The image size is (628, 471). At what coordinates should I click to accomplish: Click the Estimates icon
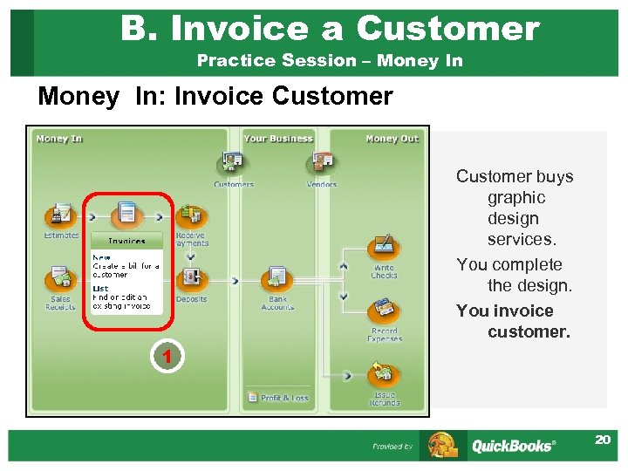[61, 215]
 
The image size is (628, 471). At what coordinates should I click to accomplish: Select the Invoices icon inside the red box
[126, 213]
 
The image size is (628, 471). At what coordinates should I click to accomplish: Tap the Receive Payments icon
[191, 215]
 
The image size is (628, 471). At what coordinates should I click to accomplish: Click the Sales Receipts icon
[60, 279]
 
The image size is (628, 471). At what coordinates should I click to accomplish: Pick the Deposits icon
[191, 279]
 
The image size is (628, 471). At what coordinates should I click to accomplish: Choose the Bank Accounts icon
[277, 279]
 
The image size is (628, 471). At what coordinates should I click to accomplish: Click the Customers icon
[233, 163]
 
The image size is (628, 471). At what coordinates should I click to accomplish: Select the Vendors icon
[321, 163]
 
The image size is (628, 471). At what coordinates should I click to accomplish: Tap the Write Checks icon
[384, 247]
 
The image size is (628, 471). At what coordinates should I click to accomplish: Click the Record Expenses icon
[384, 311]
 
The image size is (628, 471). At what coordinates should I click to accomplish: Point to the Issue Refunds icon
[384, 375]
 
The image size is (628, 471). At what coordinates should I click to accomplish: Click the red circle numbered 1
[164, 356]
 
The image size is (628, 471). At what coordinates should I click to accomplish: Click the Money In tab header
[59, 139]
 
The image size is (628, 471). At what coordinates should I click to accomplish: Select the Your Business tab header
[277, 139]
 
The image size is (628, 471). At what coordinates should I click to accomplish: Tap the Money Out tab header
[392, 139]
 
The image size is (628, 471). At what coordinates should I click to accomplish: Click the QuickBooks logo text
[513, 446]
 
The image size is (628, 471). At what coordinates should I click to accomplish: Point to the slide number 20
[603, 440]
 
